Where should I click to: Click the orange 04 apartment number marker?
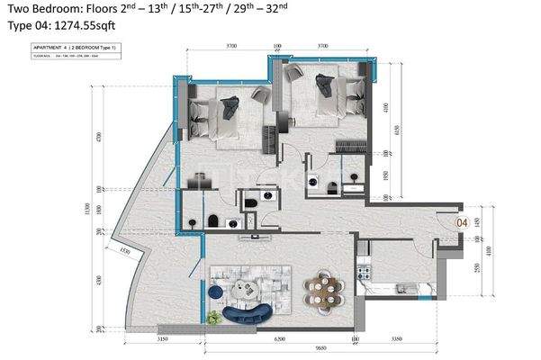click(461, 221)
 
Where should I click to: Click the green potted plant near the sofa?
click(212, 317)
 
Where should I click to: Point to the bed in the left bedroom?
click(216, 115)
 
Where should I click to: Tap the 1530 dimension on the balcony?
click(125, 250)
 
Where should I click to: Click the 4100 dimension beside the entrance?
click(489, 248)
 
